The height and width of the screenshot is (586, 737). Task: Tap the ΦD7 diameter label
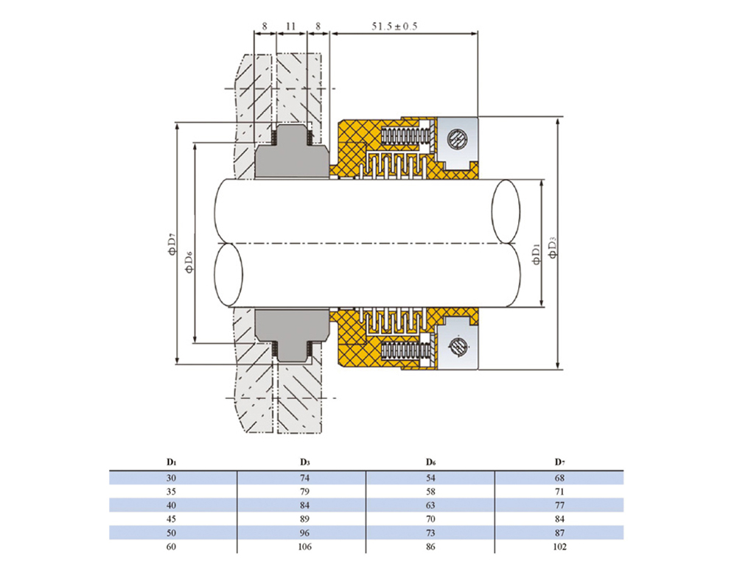[x=170, y=244]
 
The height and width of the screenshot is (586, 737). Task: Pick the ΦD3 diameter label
[x=551, y=244]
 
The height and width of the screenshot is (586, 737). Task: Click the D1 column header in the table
[x=172, y=463]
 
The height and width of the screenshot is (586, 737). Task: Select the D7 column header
[x=559, y=463]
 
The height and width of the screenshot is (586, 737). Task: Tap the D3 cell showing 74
[x=304, y=478]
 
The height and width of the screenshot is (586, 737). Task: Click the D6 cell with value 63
[x=430, y=505]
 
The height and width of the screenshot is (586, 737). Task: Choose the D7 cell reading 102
[x=559, y=546]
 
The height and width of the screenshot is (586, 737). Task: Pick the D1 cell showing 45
[x=172, y=519]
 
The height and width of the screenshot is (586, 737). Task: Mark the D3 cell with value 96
[x=304, y=532]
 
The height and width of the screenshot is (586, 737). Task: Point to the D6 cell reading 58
[x=430, y=492]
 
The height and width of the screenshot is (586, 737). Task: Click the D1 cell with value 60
[x=172, y=546]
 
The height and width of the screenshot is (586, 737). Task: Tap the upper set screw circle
[x=457, y=138]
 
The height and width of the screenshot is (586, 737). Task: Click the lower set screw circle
[x=457, y=345]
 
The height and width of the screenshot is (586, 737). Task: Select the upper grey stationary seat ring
[x=292, y=156]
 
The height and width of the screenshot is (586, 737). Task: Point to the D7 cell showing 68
[x=559, y=478]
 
